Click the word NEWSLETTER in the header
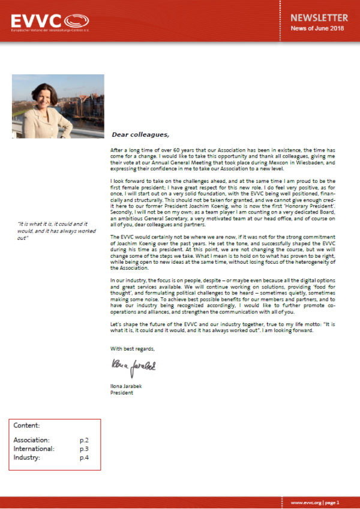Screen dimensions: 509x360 (320, 18)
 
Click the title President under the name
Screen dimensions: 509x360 (122, 393)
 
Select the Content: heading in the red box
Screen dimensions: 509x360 (26, 426)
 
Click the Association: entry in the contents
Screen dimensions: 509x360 (31, 441)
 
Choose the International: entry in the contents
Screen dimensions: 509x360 (34, 449)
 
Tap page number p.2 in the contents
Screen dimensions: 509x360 (84, 441)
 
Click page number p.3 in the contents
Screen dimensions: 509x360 (84, 449)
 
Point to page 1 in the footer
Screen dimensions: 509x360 (334, 502)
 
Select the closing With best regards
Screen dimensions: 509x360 (133, 348)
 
